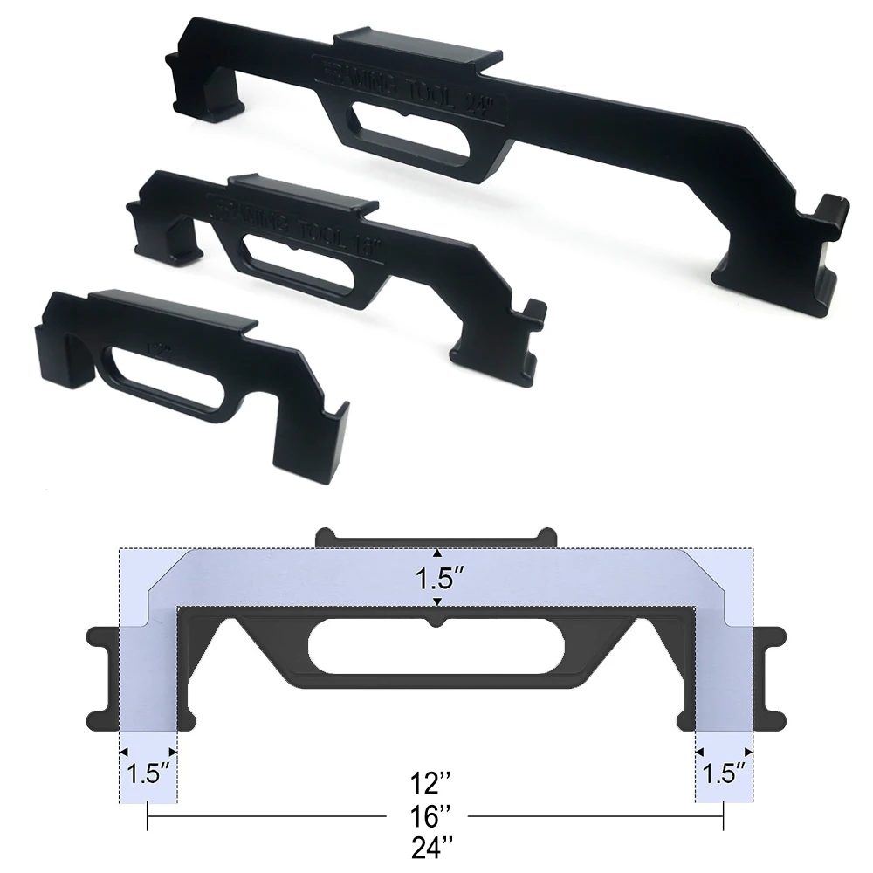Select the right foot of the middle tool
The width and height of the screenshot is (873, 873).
click(x=493, y=358)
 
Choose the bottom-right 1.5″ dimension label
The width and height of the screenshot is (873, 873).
click(x=725, y=773)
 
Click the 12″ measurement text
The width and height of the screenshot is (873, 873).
click(x=434, y=780)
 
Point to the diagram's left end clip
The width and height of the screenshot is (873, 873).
click(x=100, y=677)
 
